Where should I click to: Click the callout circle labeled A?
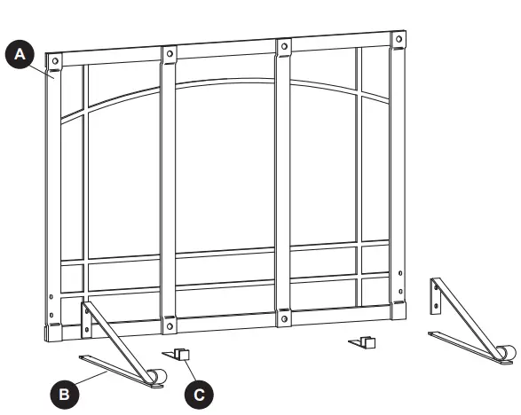click(x=20, y=56)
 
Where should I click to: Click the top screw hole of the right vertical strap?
click(x=285, y=47)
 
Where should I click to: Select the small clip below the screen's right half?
click(x=365, y=341)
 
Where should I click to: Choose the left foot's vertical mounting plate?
click(x=86, y=318)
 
